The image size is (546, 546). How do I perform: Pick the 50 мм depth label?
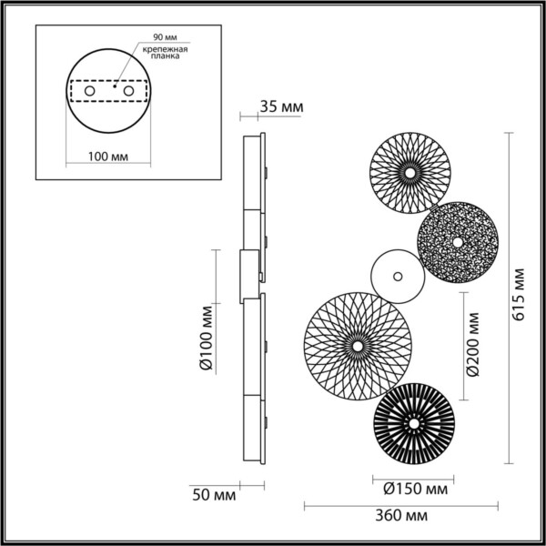coord(215,495)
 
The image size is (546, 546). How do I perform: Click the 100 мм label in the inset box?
coord(108,157)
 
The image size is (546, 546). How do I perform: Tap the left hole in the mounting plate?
coord(89,92)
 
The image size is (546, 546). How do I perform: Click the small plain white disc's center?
coord(397,274)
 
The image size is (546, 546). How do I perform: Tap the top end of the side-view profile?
coord(254,138)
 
